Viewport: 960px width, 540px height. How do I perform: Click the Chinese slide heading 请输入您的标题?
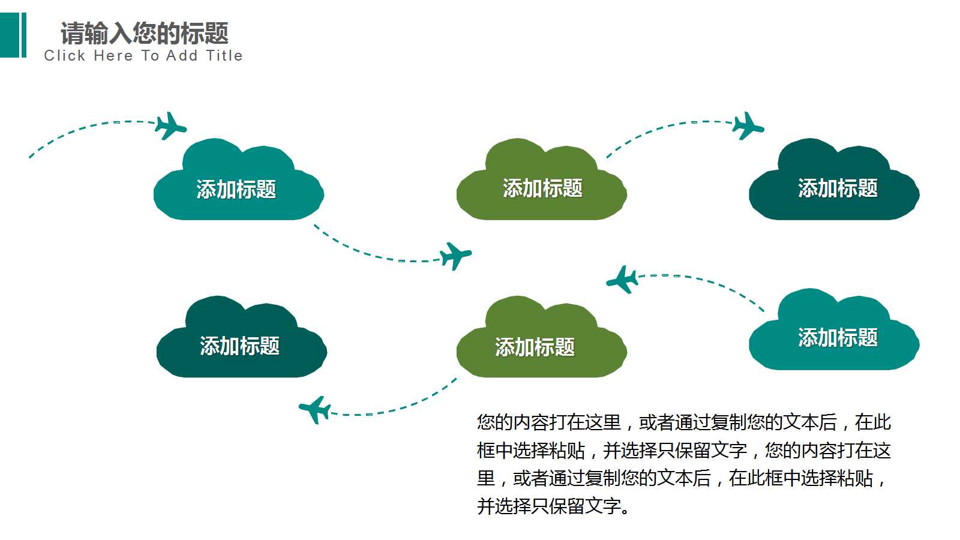coord(144,33)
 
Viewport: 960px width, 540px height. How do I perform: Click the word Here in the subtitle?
coord(113,56)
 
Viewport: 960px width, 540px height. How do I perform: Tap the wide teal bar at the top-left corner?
coord(9,35)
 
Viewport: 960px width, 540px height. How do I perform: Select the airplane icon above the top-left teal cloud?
coord(170,126)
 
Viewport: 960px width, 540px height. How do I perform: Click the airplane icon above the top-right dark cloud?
coord(748,126)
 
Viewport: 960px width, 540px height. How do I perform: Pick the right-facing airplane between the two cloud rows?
coord(455,256)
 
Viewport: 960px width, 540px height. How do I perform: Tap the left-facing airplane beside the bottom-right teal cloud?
coord(622,280)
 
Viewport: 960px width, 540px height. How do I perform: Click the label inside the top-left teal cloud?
coord(236,190)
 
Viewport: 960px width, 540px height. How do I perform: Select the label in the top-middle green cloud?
coord(542,188)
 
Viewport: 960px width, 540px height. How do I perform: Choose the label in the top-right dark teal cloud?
coord(838,188)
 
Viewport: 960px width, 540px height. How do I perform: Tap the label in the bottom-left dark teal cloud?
coord(239,346)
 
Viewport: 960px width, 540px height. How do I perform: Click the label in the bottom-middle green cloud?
coord(535,347)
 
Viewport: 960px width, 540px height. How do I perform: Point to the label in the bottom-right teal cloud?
coord(838,337)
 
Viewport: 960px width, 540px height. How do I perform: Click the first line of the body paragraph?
coord(683,422)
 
